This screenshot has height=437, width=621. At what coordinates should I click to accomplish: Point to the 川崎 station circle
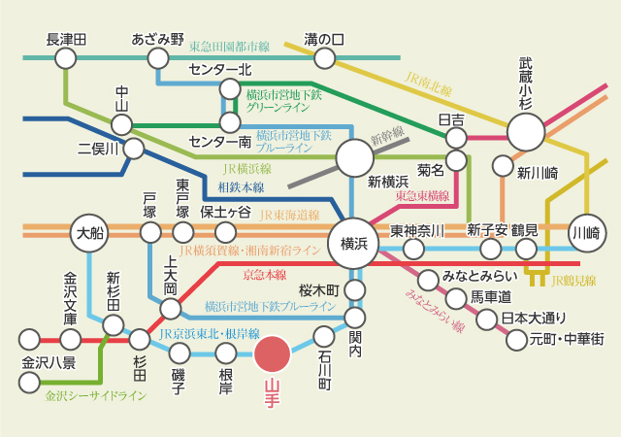(x=587, y=232)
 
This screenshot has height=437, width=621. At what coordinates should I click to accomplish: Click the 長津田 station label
(x=66, y=40)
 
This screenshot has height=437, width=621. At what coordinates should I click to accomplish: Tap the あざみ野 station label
(x=157, y=40)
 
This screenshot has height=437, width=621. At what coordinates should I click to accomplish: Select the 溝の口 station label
(x=324, y=40)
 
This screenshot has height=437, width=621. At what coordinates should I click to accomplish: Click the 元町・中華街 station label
(x=568, y=340)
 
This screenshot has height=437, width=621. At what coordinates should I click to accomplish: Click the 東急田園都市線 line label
(x=229, y=47)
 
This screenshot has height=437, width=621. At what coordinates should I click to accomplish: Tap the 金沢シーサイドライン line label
(x=96, y=396)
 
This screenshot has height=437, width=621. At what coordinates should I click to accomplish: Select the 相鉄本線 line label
(x=244, y=184)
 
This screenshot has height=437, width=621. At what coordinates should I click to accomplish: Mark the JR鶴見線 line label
(x=572, y=282)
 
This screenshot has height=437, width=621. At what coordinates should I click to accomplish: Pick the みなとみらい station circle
(x=425, y=276)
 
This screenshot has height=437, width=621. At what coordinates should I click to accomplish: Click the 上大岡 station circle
(x=171, y=309)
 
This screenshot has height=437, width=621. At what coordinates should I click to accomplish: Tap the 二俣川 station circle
(x=134, y=149)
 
